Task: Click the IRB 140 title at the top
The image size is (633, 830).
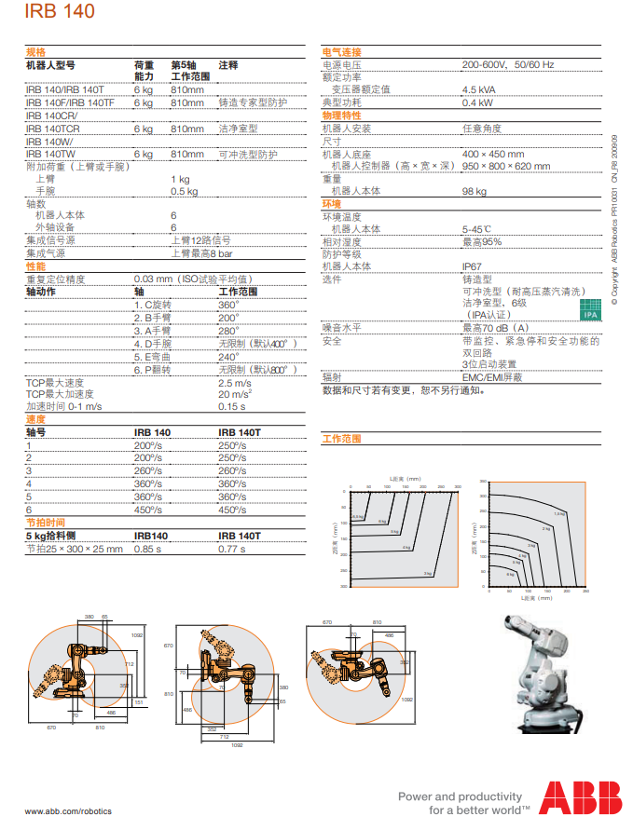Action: (x=59, y=12)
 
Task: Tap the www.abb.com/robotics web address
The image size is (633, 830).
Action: (x=68, y=810)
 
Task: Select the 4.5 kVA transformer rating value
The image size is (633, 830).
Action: (x=479, y=89)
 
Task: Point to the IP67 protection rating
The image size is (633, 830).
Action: (x=473, y=265)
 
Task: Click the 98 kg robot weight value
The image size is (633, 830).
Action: (x=475, y=191)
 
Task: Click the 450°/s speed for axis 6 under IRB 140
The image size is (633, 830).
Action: (x=147, y=510)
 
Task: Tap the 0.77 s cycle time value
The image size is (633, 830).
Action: (x=231, y=549)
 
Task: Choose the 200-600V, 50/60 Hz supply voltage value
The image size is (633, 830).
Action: (x=507, y=64)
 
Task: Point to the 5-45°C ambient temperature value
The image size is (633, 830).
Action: (x=477, y=228)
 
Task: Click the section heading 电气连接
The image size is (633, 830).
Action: (x=341, y=52)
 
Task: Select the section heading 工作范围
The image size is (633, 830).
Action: (x=341, y=438)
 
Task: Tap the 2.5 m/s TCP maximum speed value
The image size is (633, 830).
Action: (x=234, y=383)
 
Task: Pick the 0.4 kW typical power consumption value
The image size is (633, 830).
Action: (x=477, y=102)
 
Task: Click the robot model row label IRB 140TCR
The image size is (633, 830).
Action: (x=52, y=129)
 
